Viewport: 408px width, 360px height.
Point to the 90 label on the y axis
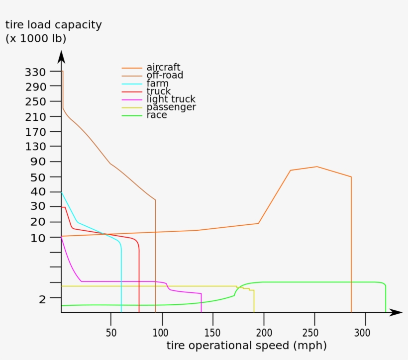39,162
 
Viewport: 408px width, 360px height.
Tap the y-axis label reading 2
43,298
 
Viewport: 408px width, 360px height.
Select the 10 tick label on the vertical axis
38,238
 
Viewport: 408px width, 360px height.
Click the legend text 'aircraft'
163,67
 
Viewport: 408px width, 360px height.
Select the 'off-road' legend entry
165,75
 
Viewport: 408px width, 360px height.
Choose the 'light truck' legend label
171,99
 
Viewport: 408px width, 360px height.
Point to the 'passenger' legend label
171,107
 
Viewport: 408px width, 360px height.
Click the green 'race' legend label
157,115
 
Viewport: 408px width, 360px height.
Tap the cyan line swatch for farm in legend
132,84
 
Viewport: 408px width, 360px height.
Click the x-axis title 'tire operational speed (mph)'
246,345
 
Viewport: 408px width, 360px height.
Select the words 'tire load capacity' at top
53,25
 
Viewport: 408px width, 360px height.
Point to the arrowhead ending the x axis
396,312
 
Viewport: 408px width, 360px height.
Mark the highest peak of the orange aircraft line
317,167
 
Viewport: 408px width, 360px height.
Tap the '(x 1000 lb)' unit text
36,38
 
